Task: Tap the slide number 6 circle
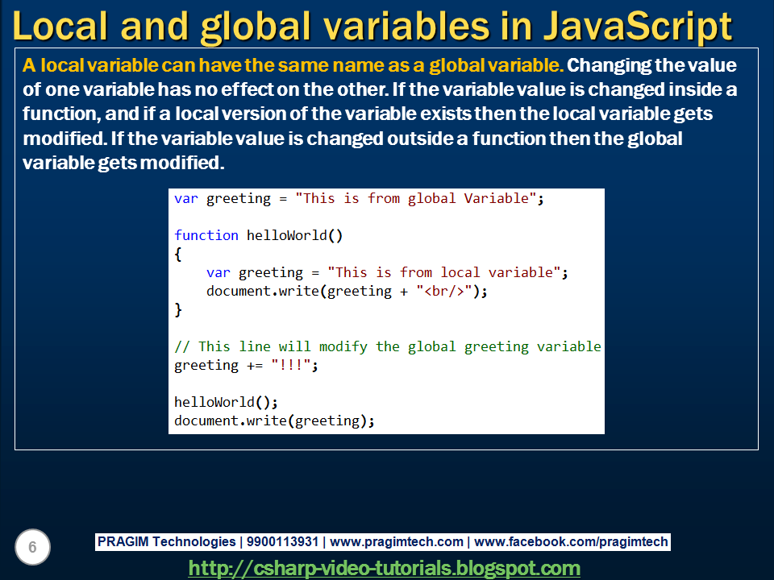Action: click(32, 548)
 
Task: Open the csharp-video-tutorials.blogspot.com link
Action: click(384, 568)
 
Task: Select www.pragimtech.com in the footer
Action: click(397, 542)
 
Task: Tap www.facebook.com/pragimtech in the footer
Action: click(571, 542)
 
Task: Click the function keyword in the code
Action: click(206, 235)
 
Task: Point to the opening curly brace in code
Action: click(178, 254)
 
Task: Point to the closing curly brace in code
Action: click(178, 309)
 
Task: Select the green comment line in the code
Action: click(388, 346)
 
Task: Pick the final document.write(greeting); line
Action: click(275, 420)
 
